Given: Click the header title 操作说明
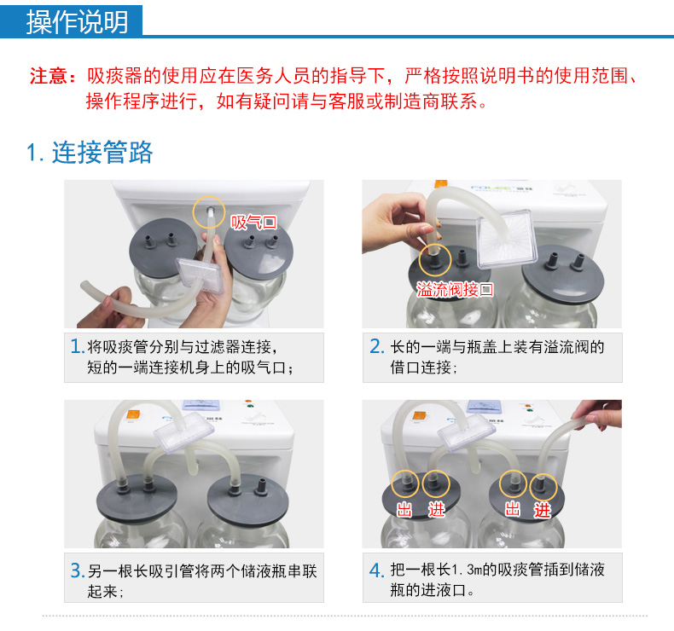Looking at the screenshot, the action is [x=78, y=21].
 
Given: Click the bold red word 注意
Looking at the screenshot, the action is [x=48, y=76].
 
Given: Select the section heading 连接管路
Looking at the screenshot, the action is [x=102, y=152].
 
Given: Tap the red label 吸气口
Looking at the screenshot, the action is [x=253, y=222].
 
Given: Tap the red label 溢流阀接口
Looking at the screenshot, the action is [x=455, y=289].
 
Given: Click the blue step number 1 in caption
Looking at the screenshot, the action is [x=77, y=346].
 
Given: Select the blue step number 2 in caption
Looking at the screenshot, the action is [x=376, y=346].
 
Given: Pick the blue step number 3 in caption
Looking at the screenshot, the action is [x=77, y=570].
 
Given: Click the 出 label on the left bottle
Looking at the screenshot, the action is [x=404, y=510].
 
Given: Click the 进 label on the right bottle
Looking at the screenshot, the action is [x=542, y=510].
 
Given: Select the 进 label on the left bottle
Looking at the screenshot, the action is [x=436, y=510].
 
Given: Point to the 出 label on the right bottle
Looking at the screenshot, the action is [x=512, y=509].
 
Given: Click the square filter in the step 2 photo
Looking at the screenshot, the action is [x=507, y=237].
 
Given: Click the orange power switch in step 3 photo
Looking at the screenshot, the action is [x=132, y=415].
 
